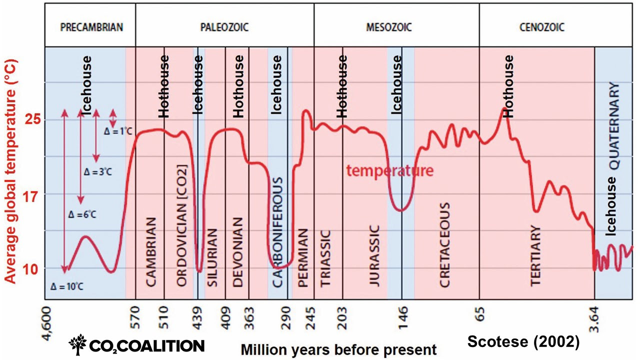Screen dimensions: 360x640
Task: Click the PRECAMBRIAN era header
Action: tap(91, 27)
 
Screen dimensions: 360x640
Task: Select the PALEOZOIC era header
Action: tap(224, 27)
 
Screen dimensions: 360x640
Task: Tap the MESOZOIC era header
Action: tap(388, 27)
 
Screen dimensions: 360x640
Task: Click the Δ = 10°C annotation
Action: tap(66, 287)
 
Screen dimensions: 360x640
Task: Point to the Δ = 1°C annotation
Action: tap(117, 132)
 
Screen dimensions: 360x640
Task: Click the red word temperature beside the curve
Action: tap(390, 171)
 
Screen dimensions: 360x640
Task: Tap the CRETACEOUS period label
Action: tap(445, 245)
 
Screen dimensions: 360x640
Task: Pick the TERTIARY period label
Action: tap(535, 255)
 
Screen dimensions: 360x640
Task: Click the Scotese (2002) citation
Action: tap(523, 342)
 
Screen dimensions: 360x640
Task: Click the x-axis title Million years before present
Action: tap(338, 349)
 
